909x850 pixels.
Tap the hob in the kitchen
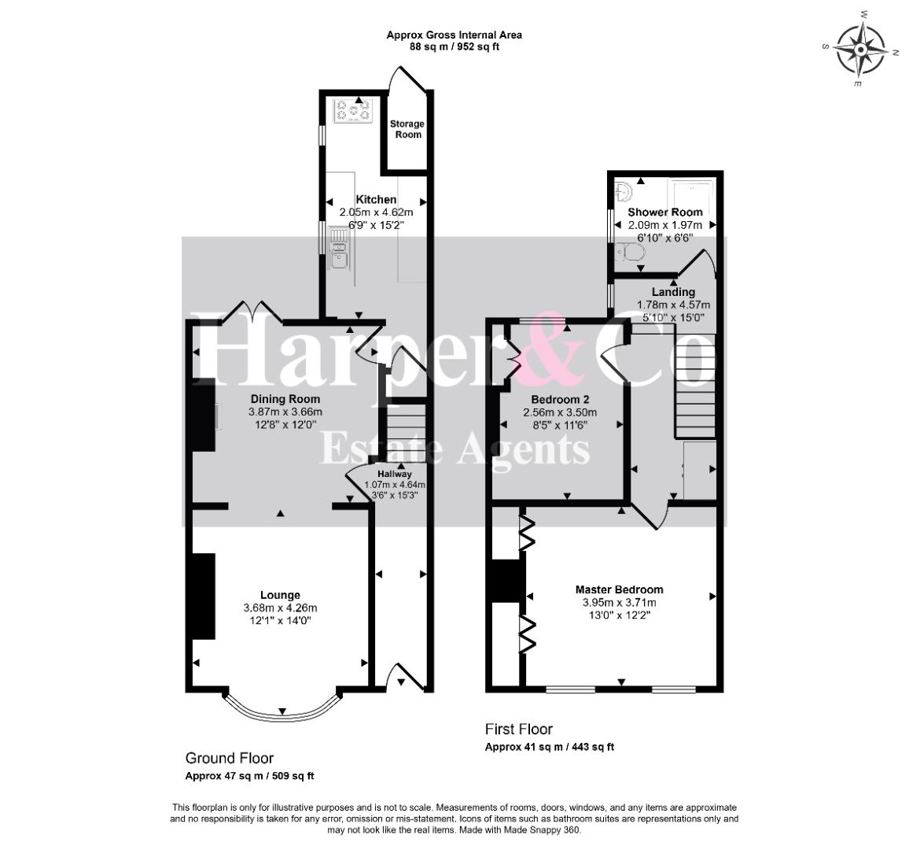[352, 110]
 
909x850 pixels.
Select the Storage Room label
[407, 129]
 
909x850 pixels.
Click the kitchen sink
[338, 249]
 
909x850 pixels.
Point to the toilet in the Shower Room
[631, 252]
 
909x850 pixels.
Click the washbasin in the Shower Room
[624, 191]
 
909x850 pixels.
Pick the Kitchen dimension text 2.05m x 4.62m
[376, 213]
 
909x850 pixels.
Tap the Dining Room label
[285, 399]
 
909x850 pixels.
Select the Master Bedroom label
[619, 589]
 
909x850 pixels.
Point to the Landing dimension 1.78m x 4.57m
[673, 305]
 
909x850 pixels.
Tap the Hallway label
[395, 474]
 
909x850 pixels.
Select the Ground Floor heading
[230, 759]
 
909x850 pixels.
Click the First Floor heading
[519, 730]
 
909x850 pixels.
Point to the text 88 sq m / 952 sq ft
[454, 47]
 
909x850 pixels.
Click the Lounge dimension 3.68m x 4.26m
[281, 608]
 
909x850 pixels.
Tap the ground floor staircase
[407, 431]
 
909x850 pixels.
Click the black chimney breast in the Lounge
[204, 596]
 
